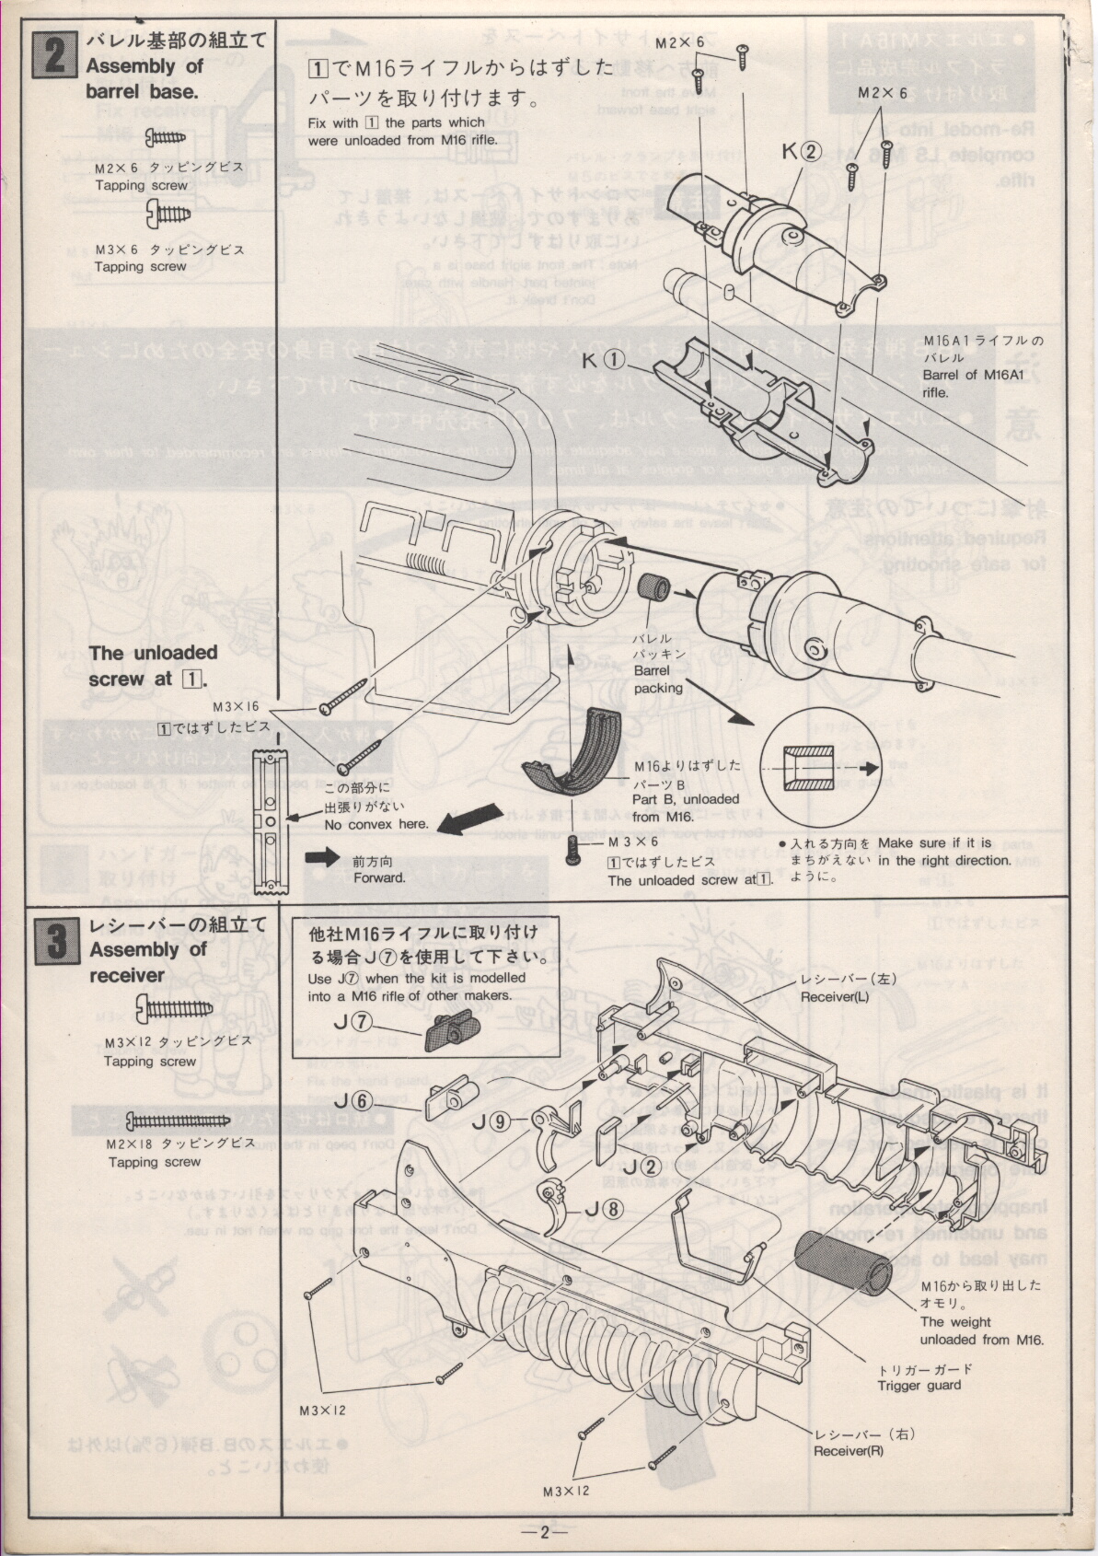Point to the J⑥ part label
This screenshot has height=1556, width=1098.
click(352, 1100)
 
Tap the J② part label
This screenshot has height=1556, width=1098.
click(641, 1165)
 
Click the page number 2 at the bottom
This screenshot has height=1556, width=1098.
click(544, 1532)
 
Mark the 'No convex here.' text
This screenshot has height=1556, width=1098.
click(376, 824)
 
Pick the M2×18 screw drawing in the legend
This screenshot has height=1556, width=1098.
click(177, 1120)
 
